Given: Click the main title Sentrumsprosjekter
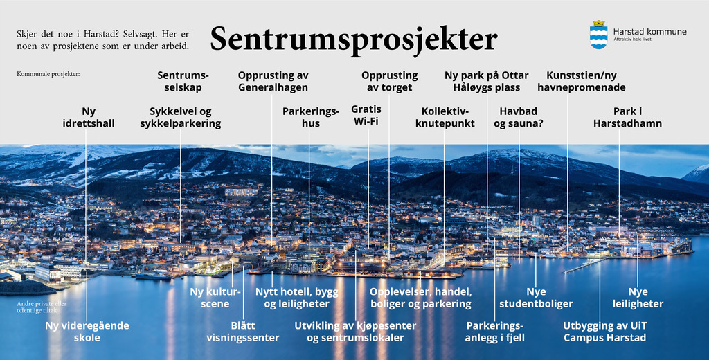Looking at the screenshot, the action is (354, 39).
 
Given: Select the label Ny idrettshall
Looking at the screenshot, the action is (89, 117).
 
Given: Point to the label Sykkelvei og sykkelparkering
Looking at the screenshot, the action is (181, 117).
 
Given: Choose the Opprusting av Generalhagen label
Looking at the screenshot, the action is (273, 82).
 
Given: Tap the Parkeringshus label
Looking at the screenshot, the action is (311, 117).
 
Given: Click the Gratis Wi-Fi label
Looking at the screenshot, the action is (366, 115).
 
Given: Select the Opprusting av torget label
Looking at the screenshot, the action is (389, 82).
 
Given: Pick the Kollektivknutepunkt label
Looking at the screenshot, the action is (445, 117).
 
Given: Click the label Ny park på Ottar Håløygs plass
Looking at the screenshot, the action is (487, 82).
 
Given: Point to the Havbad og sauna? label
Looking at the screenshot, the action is (518, 117).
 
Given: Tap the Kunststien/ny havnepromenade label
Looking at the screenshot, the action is (582, 82).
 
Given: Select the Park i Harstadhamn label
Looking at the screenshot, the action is (627, 117).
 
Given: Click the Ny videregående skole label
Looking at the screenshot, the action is (87, 332).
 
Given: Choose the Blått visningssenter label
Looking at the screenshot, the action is (243, 332).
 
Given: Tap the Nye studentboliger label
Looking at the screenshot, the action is (536, 298).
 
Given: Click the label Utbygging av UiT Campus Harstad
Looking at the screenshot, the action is (604, 332).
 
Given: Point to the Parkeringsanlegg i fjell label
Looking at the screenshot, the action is (495, 332).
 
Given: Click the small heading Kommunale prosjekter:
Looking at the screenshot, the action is (48, 73).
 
